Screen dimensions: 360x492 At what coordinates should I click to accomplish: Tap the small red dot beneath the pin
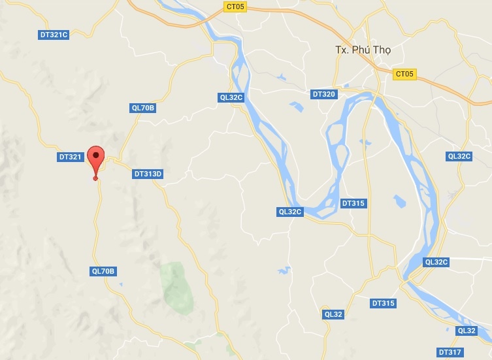coord(96,178)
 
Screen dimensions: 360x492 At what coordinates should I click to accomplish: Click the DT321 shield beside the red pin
coord(70,157)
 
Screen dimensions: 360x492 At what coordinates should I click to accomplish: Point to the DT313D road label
coord(148,174)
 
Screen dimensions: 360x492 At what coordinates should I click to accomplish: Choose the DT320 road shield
coord(324,94)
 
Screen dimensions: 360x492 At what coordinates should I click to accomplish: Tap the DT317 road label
coord(450,352)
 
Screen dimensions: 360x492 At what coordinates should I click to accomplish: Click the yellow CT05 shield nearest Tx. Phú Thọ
coord(404,74)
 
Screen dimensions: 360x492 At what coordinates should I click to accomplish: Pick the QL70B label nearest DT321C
coord(144,108)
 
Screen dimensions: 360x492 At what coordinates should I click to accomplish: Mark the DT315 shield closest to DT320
coord(353,203)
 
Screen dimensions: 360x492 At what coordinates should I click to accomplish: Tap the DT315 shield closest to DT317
coord(384,303)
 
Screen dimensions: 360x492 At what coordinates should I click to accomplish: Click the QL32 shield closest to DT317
coord(467,331)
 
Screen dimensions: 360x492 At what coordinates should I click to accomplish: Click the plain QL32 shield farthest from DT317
coord(333,314)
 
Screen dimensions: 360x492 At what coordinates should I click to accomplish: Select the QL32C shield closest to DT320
coord(231,97)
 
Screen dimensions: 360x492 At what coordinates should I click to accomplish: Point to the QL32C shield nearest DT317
coord(436,262)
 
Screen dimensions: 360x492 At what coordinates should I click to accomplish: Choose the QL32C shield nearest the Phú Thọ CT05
coord(459,156)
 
